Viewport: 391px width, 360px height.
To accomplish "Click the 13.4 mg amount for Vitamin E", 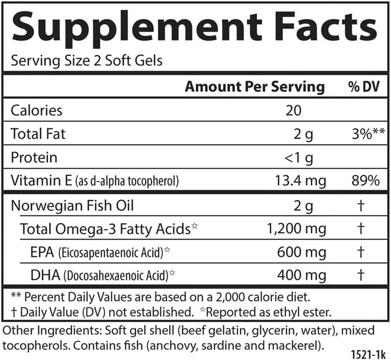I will (300, 181).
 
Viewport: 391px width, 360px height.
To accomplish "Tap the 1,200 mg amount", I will (292, 229).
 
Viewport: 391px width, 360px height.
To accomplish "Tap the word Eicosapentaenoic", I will (94, 253).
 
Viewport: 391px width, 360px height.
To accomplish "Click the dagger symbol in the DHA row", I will (360, 275).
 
